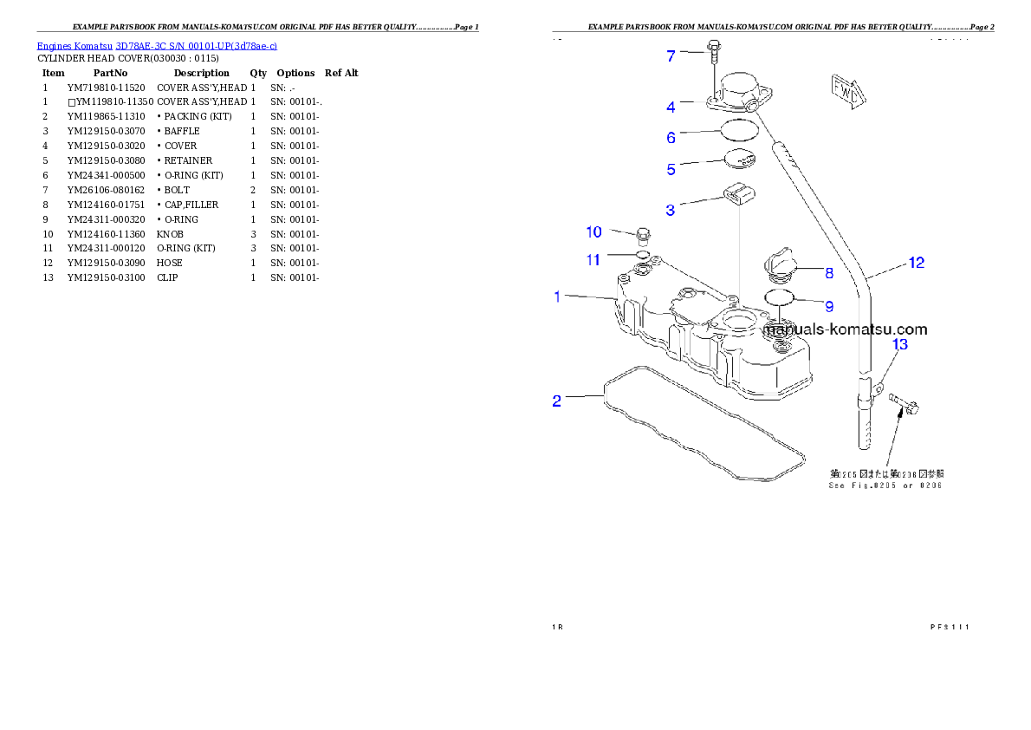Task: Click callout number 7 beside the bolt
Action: coord(671,56)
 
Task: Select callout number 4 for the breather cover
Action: coord(671,108)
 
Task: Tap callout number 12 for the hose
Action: coord(916,263)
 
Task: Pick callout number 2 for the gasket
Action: coord(557,401)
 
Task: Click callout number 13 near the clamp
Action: coord(900,345)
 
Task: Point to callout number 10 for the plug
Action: coord(593,232)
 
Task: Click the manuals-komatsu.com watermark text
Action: coord(846,329)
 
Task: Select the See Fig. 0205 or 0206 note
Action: coord(885,479)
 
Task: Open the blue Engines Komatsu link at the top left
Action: coord(157,45)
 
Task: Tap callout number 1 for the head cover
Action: coord(559,297)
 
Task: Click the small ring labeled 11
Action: coord(642,256)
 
